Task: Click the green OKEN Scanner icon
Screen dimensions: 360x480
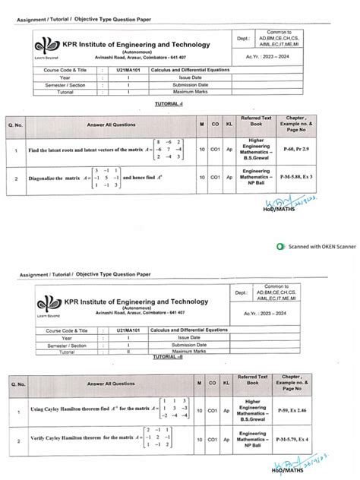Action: click(x=280, y=247)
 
